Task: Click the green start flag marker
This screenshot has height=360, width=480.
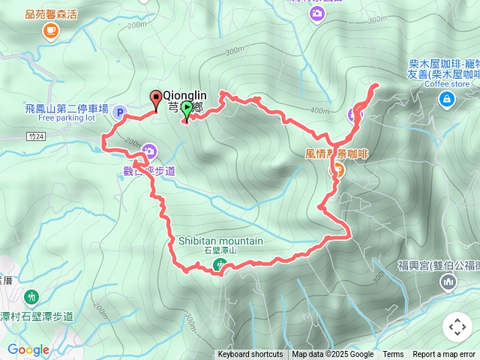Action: [x=186, y=109]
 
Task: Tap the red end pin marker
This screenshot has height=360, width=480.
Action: [x=156, y=97]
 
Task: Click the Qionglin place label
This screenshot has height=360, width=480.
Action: [x=184, y=95]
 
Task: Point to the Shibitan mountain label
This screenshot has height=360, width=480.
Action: [x=220, y=241]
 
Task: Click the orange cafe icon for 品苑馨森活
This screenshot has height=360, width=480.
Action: [x=51, y=30]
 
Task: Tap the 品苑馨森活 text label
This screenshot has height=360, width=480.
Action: [x=51, y=14]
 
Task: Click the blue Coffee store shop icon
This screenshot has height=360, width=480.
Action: [x=446, y=99]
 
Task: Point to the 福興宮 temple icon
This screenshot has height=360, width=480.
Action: [x=448, y=281]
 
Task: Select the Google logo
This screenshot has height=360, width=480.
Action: [x=28, y=349]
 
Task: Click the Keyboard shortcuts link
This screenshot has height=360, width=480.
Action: [x=250, y=355]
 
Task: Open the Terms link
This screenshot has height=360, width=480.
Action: [x=393, y=355]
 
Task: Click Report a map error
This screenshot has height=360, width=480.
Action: [x=445, y=355]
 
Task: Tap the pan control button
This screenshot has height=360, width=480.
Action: [x=457, y=327]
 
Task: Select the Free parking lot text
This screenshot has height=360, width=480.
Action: [x=67, y=118]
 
